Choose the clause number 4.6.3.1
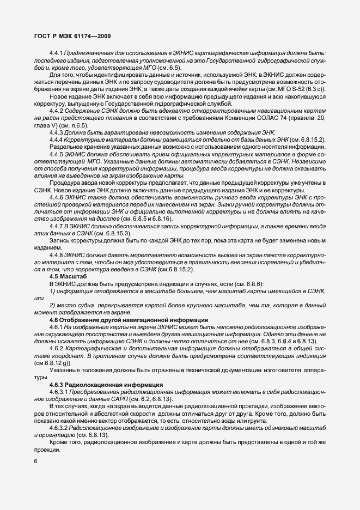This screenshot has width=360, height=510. coord(59,392)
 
